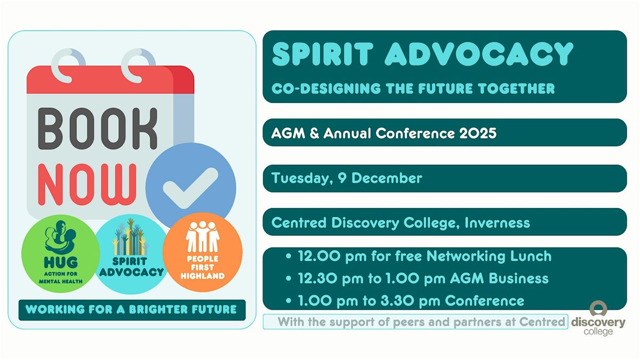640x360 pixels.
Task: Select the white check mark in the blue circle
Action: [x=190, y=187]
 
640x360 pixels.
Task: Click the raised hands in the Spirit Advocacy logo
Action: [x=130, y=241]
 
